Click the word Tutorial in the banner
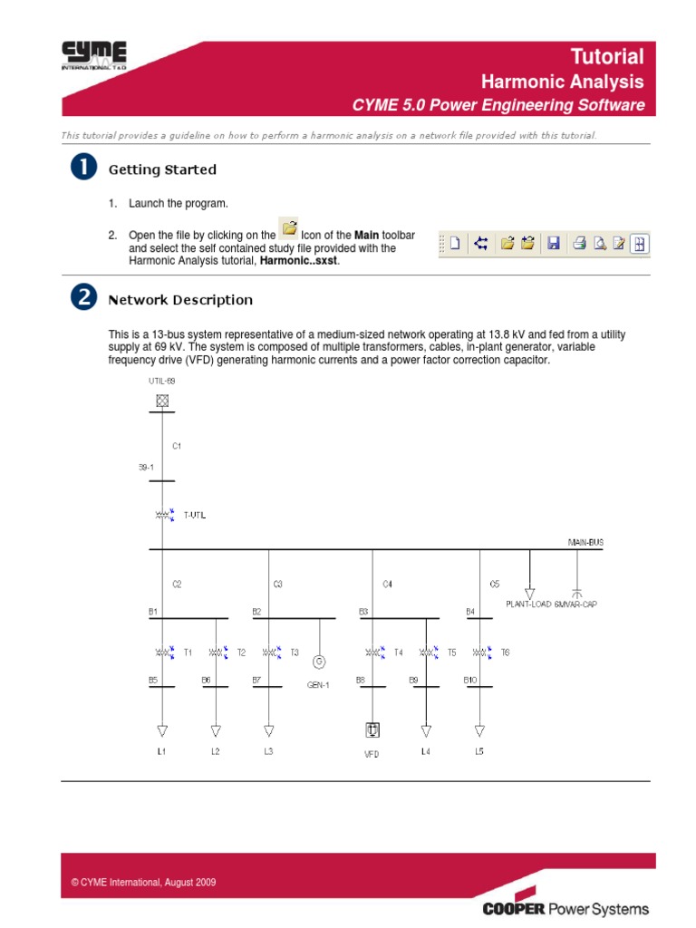click(607, 56)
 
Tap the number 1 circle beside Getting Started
click(83, 169)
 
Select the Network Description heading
click(180, 300)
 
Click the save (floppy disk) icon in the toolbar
click(554, 243)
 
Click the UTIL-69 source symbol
click(161, 400)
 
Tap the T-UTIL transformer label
click(195, 516)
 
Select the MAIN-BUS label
click(585, 542)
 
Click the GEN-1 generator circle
click(318, 661)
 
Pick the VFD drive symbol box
click(372, 730)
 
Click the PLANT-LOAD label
click(528, 603)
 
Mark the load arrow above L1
click(162, 730)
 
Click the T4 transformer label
click(399, 652)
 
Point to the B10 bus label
click(469, 679)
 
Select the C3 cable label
click(277, 585)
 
